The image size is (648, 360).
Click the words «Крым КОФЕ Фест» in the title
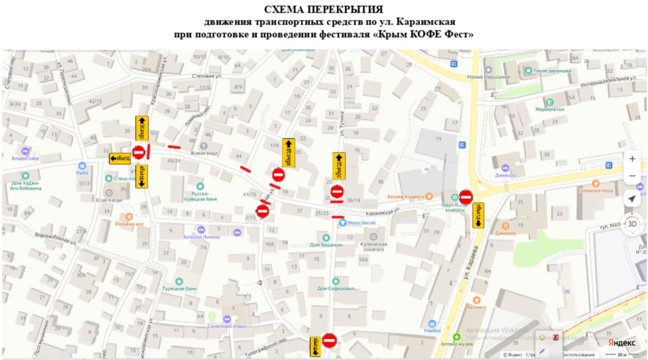(x=425, y=34)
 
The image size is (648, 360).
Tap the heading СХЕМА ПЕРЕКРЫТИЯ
(x=323, y=9)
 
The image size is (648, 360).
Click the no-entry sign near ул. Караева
(x=466, y=197)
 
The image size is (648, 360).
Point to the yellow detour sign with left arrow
(x=120, y=158)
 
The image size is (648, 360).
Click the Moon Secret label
(x=361, y=223)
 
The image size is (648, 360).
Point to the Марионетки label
(x=550, y=109)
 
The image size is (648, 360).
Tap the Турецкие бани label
(x=181, y=289)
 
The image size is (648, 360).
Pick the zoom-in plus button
(x=632, y=159)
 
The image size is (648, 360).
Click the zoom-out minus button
(x=632, y=176)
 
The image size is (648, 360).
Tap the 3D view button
(x=632, y=223)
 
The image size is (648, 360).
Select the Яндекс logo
(x=621, y=342)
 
